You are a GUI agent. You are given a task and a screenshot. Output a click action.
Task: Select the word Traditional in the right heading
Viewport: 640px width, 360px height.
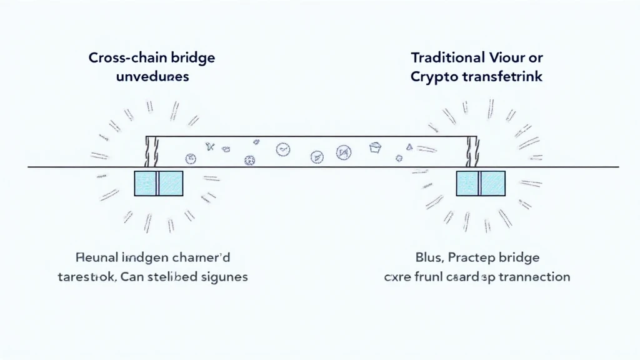[x=446, y=57]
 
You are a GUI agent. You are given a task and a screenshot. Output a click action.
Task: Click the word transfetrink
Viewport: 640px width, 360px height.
[x=503, y=77]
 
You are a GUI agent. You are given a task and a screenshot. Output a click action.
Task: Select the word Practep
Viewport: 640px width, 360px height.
[x=470, y=257]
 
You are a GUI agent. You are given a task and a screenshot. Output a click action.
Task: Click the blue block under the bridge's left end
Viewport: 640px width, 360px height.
[x=159, y=183]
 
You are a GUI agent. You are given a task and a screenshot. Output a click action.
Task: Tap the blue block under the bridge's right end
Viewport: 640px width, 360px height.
[x=481, y=183]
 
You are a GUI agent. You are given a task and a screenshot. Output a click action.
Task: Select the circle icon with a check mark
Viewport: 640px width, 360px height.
[x=283, y=149]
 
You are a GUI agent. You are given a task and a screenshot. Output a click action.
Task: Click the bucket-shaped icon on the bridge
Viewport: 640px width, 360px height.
[x=376, y=147]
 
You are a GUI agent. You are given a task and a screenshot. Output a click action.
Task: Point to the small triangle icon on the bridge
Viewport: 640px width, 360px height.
[x=409, y=147]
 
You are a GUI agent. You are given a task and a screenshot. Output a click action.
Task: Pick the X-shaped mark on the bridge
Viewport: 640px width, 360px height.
[x=209, y=146]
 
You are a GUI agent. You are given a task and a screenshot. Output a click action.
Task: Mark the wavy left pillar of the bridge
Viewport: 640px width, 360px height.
[x=150, y=152]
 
